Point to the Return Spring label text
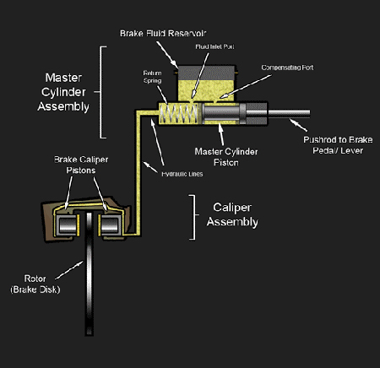(x=152, y=78)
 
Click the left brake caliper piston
(x=65, y=224)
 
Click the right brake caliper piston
(x=109, y=224)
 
